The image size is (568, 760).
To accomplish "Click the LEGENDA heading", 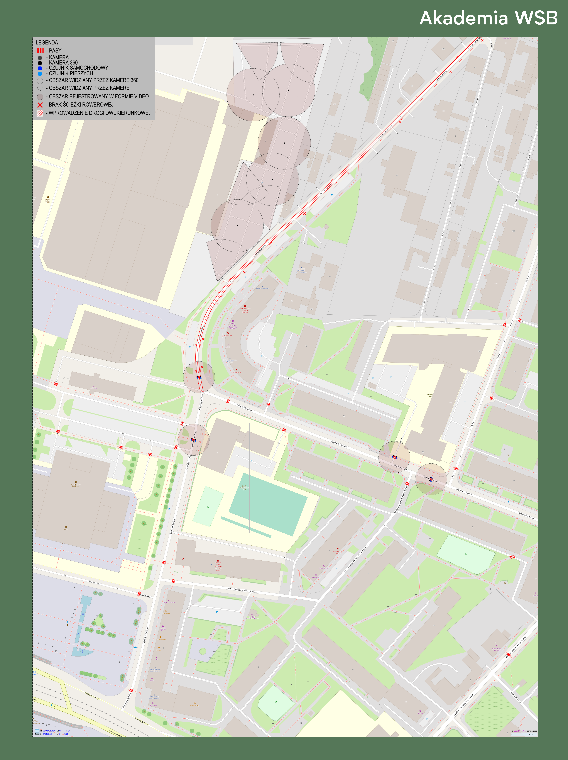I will pos(47,43).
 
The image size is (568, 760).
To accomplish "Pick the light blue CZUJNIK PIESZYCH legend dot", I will pos(40,73).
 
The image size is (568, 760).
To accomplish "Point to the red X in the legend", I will pos(40,105).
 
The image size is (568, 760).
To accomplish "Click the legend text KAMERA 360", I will pos(63,63).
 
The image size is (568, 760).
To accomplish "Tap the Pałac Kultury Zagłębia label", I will pos(76,485).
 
